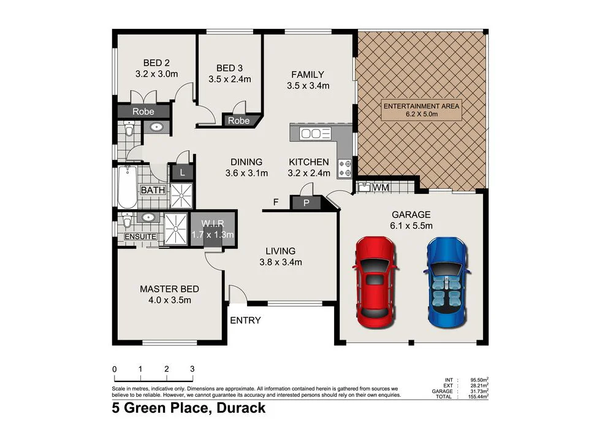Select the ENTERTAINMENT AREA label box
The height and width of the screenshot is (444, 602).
point(421,110)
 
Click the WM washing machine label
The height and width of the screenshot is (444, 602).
point(381,186)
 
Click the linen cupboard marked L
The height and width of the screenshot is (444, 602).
point(182,173)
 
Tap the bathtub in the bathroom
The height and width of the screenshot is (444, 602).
point(127,186)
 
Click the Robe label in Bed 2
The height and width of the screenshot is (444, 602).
point(143,112)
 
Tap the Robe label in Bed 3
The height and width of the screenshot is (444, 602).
point(238,121)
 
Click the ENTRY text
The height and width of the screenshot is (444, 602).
point(245,320)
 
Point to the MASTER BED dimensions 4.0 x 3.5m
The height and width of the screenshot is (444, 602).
point(169,300)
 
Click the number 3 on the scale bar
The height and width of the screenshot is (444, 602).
point(192,369)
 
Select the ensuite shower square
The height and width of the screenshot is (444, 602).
point(176,229)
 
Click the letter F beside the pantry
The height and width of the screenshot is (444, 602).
point(276,201)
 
